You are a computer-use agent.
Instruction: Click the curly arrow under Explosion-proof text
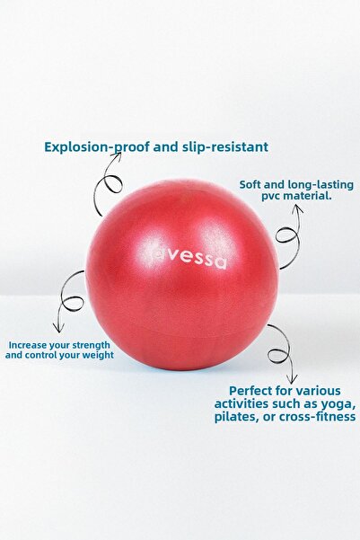click(109, 184)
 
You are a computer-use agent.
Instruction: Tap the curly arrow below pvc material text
click(289, 235)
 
